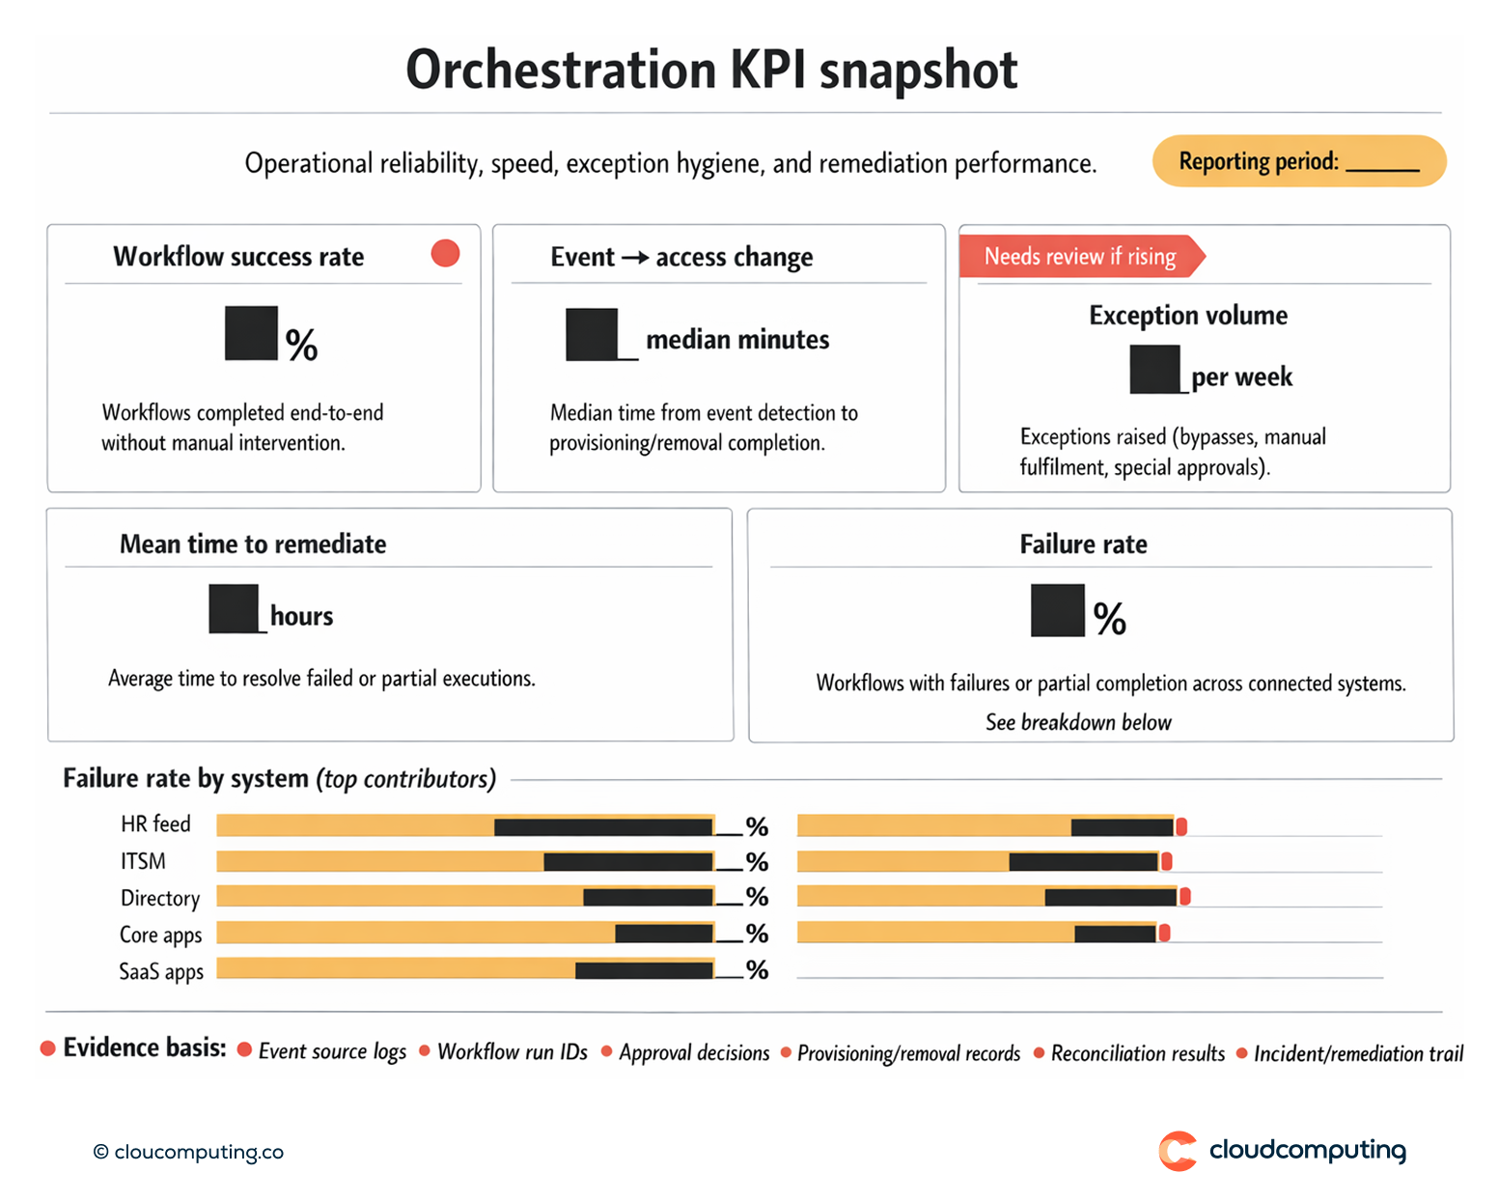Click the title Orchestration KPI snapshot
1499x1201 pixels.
click(711, 70)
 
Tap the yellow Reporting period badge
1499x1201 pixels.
click(1298, 161)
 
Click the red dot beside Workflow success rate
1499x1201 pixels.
click(445, 253)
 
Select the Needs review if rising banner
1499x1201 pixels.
click(1080, 257)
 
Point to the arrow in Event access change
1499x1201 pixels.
click(634, 258)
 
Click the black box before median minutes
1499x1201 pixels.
click(592, 335)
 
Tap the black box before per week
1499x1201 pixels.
click(1155, 370)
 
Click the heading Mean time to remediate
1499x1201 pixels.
click(253, 545)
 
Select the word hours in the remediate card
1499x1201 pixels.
click(301, 616)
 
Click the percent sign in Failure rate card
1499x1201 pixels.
click(1109, 619)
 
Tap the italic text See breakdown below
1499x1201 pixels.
click(1078, 722)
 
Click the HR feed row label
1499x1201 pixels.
click(155, 824)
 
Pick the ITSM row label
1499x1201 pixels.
click(143, 861)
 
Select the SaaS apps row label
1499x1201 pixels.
click(161, 971)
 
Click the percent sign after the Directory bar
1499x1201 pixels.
click(758, 898)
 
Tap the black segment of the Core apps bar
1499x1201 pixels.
click(664, 934)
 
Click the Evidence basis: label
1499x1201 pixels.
click(145, 1048)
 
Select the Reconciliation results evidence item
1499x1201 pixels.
click(1137, 1053)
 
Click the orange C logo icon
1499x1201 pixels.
click(1178, 1151)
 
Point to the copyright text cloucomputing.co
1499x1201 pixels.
click(189, 1152)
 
